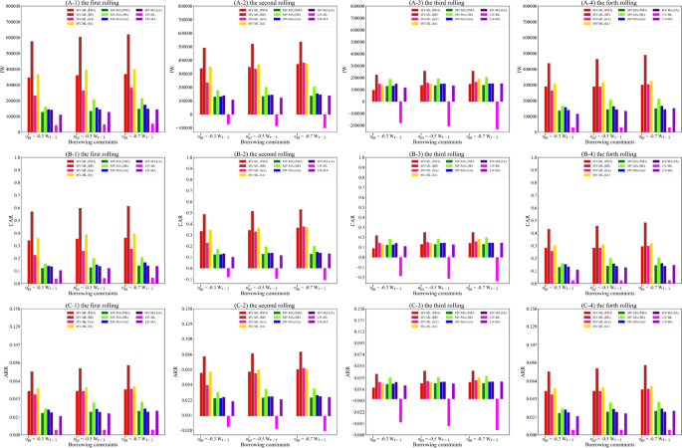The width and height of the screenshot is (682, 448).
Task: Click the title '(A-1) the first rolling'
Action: [88, 4]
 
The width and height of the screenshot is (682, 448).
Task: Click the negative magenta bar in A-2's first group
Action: [228, 118]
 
